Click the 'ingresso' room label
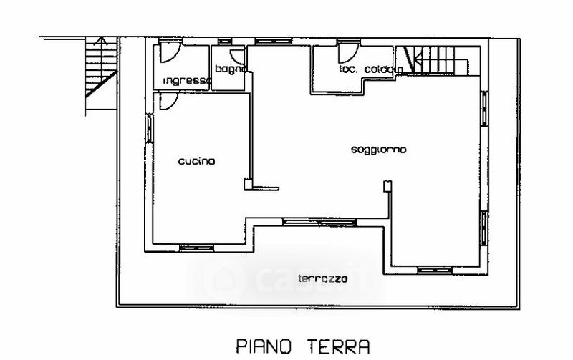[185, 80]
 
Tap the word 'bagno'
[231, 69]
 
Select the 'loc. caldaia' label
[371, 69]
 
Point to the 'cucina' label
[196, 162]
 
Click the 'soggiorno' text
[379, 150]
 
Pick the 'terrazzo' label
[322, 278]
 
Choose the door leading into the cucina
[165, 102]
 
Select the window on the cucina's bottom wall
[196, 248]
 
